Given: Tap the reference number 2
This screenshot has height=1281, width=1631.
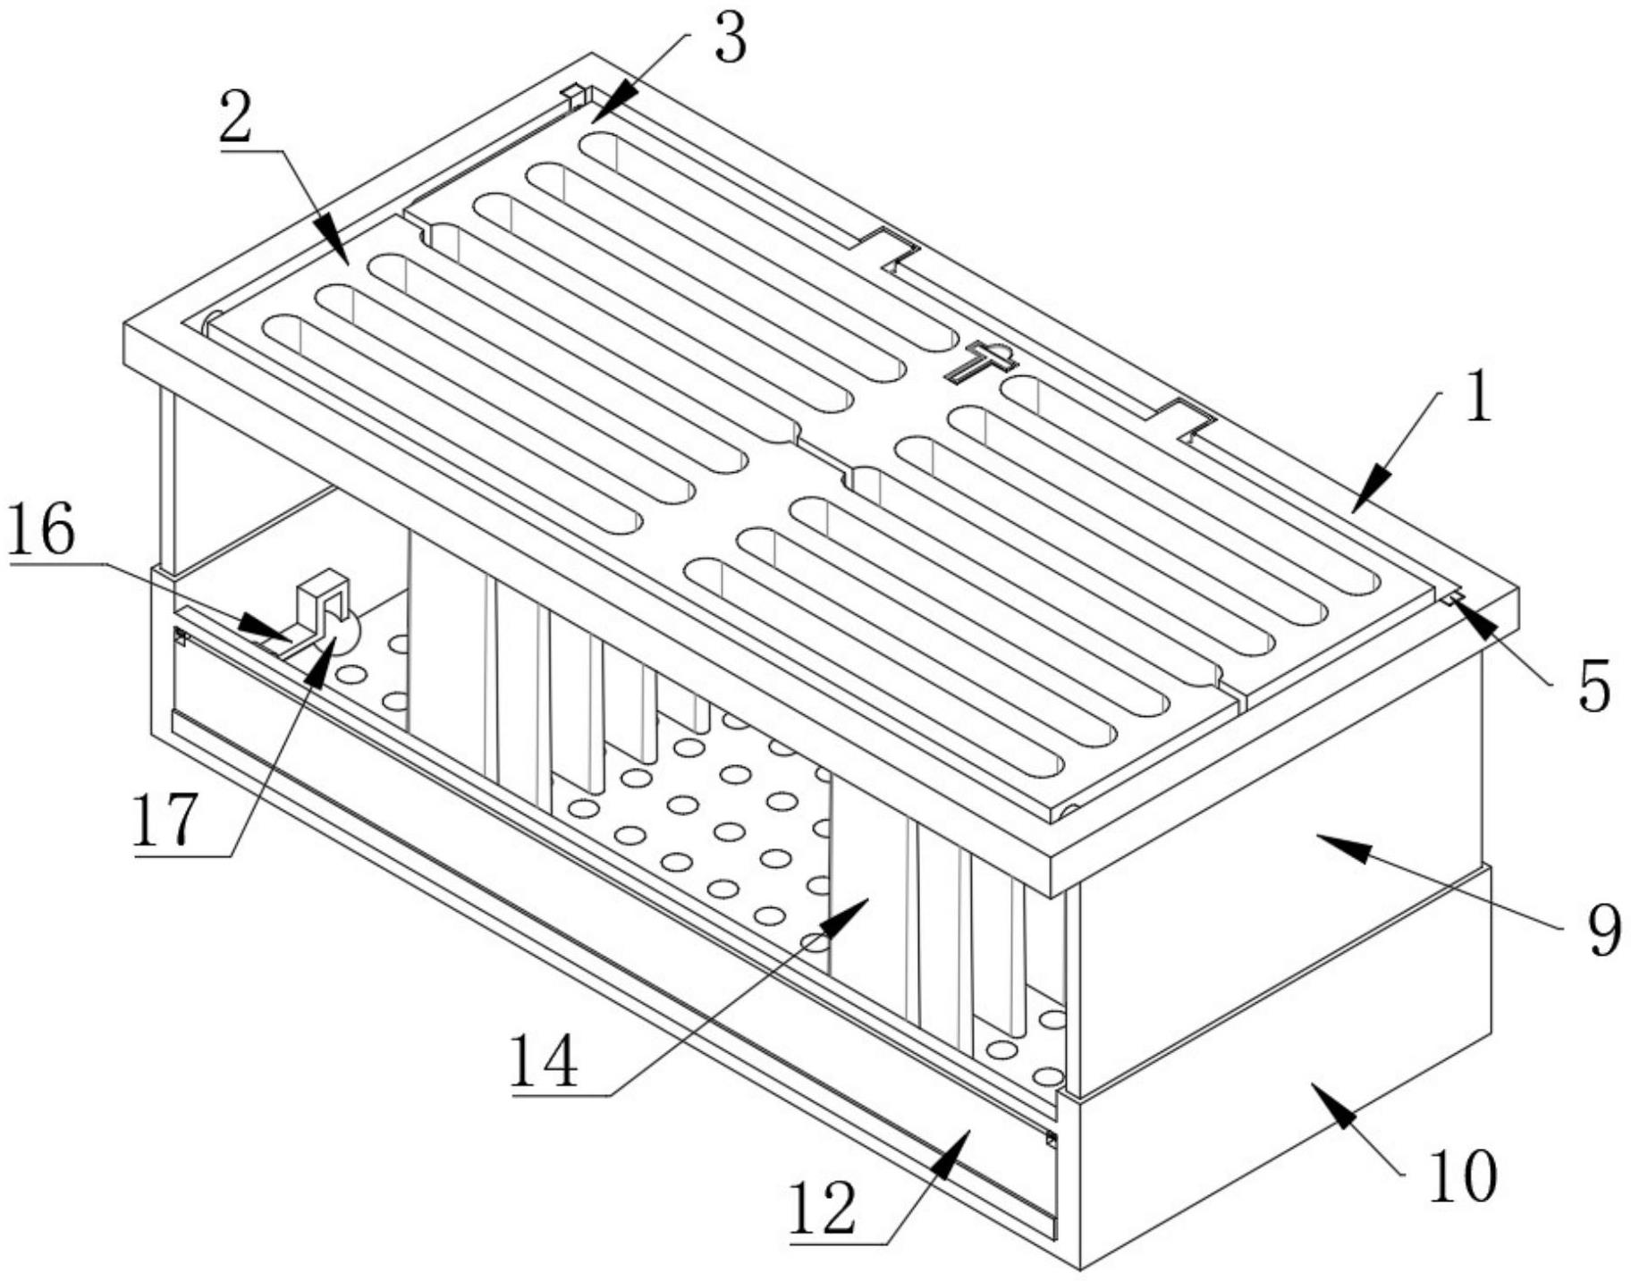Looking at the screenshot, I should coord(235,119).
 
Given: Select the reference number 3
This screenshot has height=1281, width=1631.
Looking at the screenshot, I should coord(731,40).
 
